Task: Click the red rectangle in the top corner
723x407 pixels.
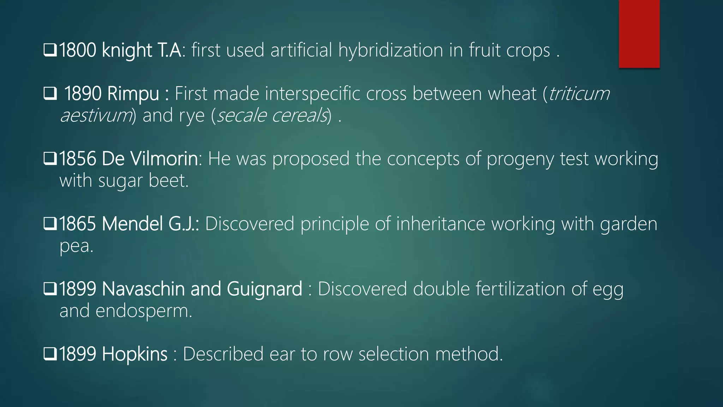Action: click(639, 34)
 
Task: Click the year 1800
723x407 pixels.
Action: click(77, 50)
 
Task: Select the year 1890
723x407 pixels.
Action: click(83, 94)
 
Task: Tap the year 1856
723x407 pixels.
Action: click(77, 159)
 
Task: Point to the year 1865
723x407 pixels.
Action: click(77, 224)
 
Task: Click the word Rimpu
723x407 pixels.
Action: click(133, 94)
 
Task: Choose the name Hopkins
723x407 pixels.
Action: click(135, 354)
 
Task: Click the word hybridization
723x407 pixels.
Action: click(390, 51)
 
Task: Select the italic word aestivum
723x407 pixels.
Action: click(96, 116)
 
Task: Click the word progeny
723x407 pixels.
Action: click(520, 159)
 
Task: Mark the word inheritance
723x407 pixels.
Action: click(441, 224)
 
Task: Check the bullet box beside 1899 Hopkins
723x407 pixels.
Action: click(50, 354)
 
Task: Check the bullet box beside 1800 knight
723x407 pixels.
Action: click(50, 50)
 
